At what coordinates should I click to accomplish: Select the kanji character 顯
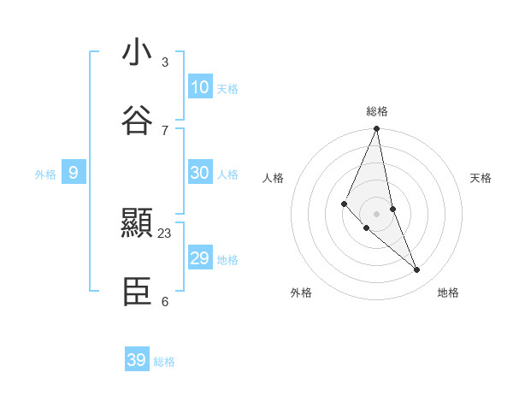[x=137, y=224]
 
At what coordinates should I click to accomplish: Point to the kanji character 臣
[x=137, y=293]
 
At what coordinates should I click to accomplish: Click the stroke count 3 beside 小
[x=165, y=62]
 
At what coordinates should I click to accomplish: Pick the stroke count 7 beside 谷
[x=165, y=130]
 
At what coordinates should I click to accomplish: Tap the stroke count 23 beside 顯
[x=165, y=234]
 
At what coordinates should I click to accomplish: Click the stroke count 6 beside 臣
[x=165, y=302]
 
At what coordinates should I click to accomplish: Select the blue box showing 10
[x=200, y=87]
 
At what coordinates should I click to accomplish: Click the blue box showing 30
[x=200, y=173]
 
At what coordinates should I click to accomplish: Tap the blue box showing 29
[x=200, y=258]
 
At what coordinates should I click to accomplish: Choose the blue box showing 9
[x=74, y=174]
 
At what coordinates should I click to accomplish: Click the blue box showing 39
[x=137, y=360]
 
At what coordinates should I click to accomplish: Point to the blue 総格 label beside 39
[x=164, y=362]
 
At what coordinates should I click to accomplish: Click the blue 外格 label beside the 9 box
[x=45, y=174]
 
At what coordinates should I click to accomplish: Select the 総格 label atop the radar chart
[x=377, y=111]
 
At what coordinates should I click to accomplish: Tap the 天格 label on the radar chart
[x=481, y=178]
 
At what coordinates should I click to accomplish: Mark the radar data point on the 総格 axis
[x=377, y=129]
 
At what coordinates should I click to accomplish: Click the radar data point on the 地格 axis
[x=417, y=270]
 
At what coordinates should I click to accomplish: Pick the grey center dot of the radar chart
[x=377, y=213]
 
